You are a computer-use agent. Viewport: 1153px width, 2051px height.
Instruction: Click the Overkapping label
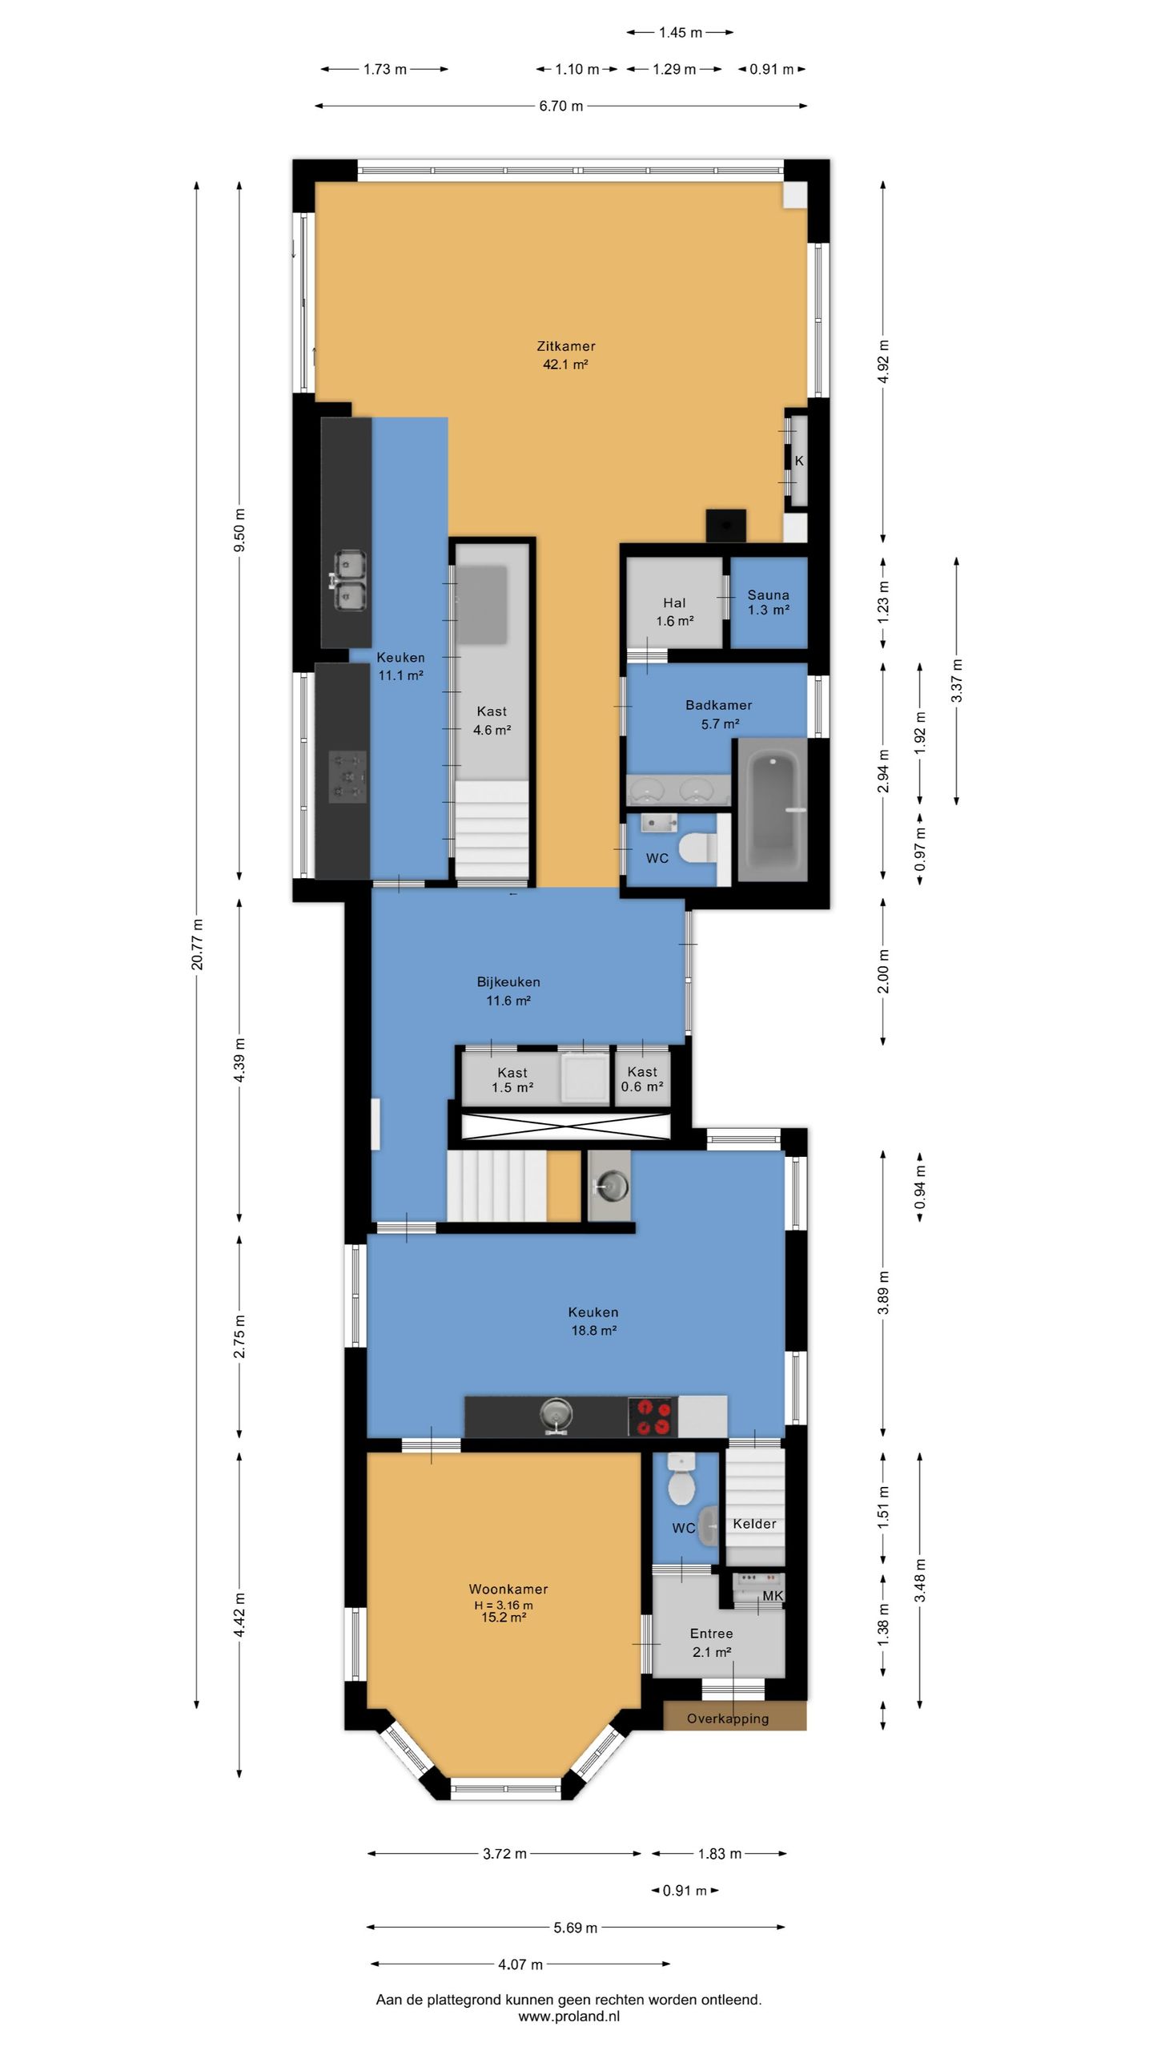pos(728,1719)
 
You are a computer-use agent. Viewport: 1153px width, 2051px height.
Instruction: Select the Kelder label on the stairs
pos(755,1524)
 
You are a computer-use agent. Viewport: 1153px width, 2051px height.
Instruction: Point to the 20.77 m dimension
pos(197,945)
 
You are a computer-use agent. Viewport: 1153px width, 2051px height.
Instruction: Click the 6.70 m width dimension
pos(560,106)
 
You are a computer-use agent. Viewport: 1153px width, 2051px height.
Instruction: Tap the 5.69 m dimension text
pos(576,1928)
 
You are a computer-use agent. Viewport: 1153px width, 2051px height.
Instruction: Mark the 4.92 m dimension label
pos(884,362)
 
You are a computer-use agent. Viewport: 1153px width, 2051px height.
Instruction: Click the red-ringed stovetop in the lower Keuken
pos(652,1416)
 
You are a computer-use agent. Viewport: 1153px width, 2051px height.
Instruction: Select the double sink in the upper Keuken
pos(348,581)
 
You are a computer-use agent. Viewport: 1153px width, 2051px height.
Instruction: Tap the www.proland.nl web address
pos(568,2017)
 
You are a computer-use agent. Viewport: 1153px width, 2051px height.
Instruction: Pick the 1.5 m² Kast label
pos(512,1080)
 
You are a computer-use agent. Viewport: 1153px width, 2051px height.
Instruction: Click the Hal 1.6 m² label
pos(675,612)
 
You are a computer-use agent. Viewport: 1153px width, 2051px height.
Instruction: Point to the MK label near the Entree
pos(773,1596)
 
